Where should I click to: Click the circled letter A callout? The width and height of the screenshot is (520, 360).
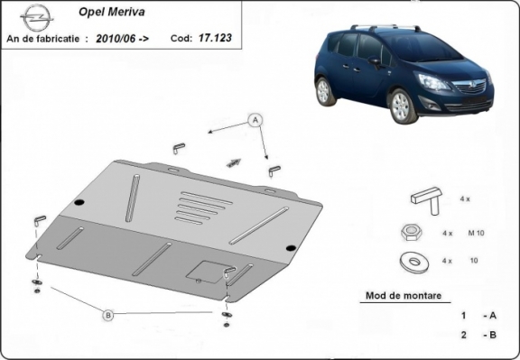click(255, 120)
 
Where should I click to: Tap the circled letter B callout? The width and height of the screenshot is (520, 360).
click(107, 315)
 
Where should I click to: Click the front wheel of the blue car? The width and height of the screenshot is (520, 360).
click(402, 106)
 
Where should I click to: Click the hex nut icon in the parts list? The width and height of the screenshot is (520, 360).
click(407, 233)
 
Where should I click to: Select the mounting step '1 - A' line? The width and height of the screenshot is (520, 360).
click(478, 316)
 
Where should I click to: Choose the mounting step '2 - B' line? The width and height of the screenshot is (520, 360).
click(478, 335)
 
